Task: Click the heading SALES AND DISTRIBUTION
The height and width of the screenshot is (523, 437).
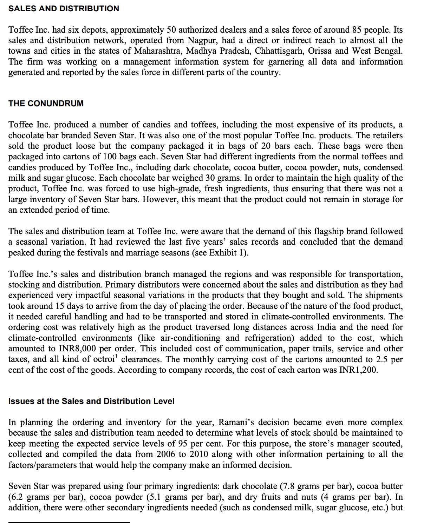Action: (x=64, y=8)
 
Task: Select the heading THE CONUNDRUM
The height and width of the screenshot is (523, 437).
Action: (x=46, y=104)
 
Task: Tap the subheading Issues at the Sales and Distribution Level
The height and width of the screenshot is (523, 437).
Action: (x=91, y=401)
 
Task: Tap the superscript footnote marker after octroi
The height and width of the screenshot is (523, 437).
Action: (x=117, y=357)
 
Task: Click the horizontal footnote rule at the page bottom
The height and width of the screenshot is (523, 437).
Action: (x=69, y=522)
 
